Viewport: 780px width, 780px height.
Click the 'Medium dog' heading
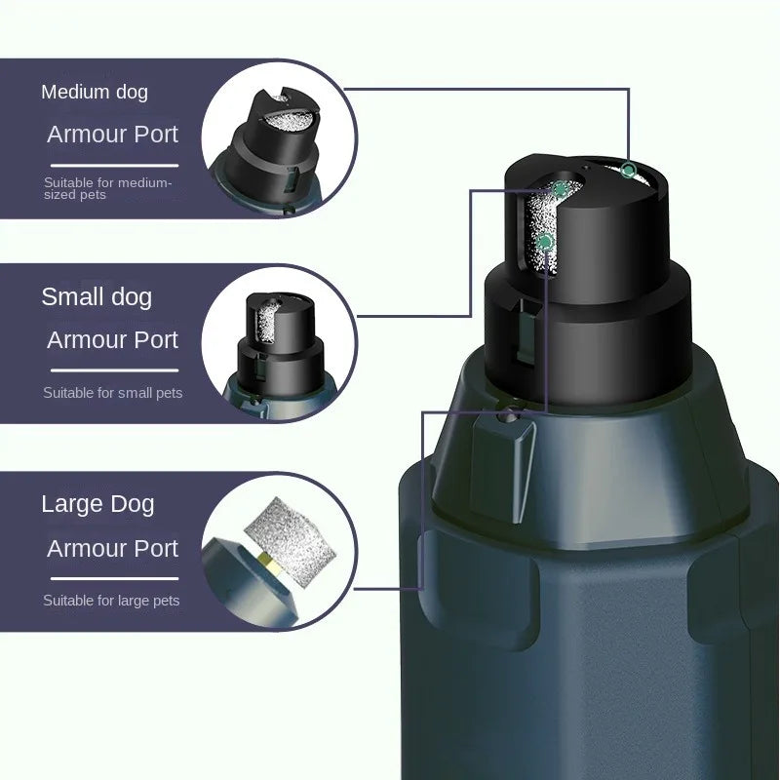(95, 93)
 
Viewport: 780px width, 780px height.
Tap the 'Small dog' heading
(97, 296)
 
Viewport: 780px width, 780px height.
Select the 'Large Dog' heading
(97, 504)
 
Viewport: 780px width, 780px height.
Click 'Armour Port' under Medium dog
(113, 135)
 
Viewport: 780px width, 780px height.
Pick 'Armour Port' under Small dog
(113, 340)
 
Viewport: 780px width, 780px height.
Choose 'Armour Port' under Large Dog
(113, 548)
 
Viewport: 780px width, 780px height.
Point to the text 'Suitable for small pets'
(113, 393)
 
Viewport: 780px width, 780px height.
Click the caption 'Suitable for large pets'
(111, 601)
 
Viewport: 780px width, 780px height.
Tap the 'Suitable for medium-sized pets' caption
(107, 188)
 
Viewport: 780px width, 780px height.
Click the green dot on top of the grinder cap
(628, 171)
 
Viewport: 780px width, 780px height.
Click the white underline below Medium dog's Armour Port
(115, 164)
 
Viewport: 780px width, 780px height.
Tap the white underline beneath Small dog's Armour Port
(115, 370)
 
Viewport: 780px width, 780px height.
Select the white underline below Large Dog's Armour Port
(115, 578)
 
